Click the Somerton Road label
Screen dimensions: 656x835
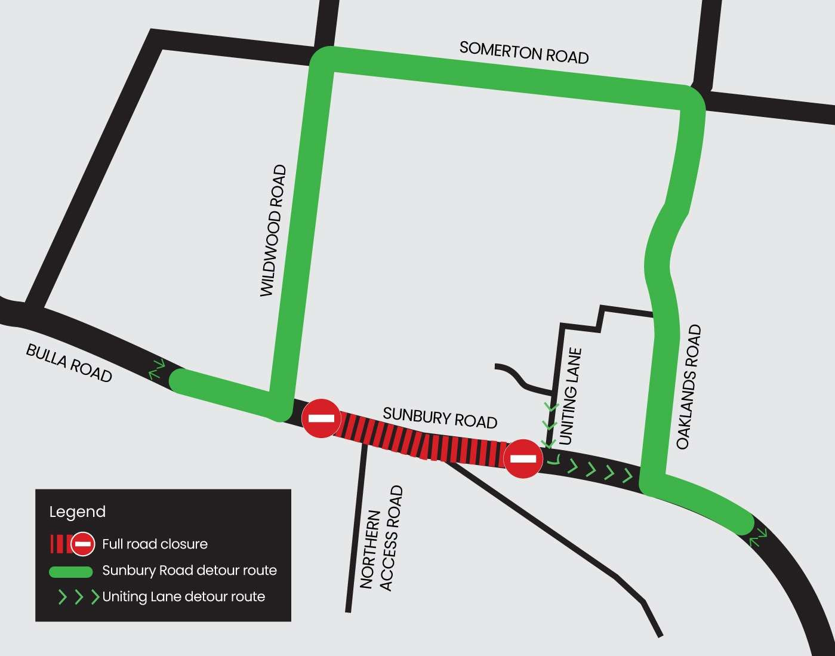524,53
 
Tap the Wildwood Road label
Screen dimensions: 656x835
273,231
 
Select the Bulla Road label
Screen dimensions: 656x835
69,363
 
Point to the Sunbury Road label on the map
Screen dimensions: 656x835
440,417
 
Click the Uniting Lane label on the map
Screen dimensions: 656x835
571,396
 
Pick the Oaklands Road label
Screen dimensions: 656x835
689,387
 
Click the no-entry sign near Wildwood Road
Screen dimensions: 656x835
321,418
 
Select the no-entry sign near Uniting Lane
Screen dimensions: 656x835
523,458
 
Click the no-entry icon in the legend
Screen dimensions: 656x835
82,544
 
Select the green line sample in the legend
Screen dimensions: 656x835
70,572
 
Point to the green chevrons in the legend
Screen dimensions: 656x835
78,597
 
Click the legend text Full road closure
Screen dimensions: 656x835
155,544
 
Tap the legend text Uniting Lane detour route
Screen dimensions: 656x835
183,596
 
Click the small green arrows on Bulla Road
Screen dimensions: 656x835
157,369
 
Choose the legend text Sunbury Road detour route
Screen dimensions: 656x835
189,570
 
